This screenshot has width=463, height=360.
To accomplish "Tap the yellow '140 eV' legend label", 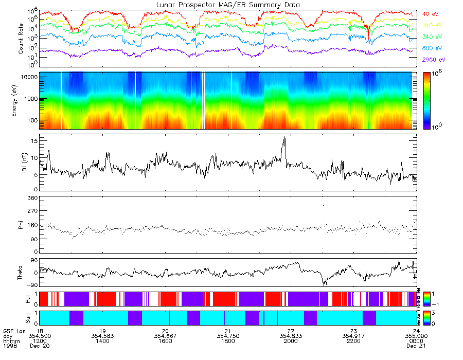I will [432, 25].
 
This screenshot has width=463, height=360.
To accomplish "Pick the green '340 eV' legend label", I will [432, 37].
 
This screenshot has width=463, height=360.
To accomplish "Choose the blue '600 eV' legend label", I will [432, 48].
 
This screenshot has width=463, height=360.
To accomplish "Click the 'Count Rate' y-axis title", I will [21, 39].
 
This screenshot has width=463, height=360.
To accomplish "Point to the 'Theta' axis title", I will [22, 273].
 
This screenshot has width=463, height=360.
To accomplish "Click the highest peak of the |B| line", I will [284, 137].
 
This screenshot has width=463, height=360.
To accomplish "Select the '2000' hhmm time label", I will [291, 341].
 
